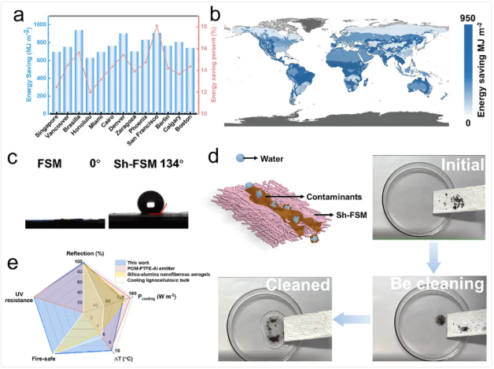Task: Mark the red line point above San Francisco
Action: tap(157, 25)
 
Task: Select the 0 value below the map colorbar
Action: tap(467, 122)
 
